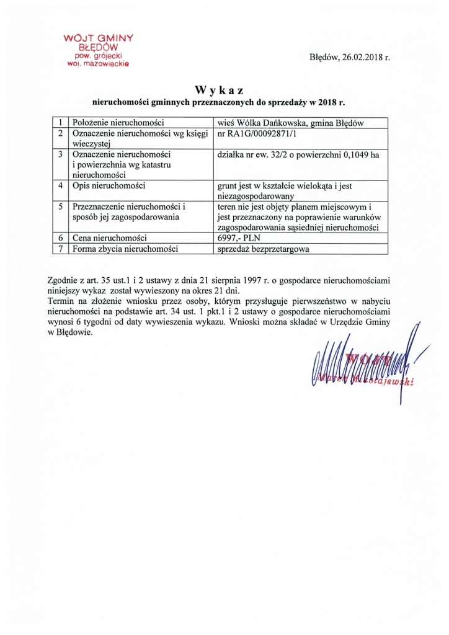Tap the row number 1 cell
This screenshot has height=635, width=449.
pos(60,122)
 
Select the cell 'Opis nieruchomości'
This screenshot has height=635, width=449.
pos(109,186)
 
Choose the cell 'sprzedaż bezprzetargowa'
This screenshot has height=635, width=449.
pos(263,249)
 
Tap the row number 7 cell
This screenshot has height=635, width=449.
pos(60,249)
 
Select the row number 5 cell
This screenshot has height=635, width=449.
pos(60,207)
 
